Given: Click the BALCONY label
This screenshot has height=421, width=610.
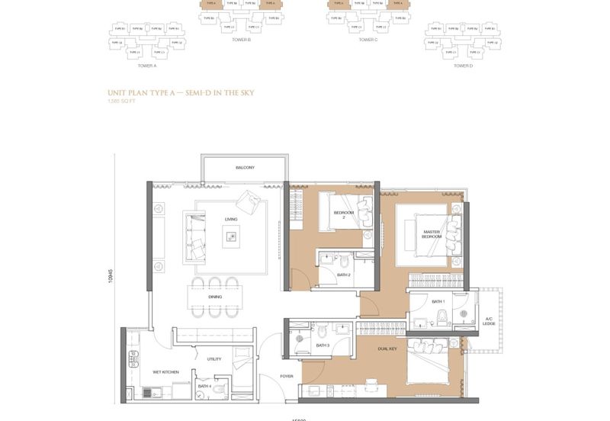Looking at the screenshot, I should click(x=245, y=167).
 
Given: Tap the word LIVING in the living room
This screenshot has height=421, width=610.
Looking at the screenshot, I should click(x=231, y=219).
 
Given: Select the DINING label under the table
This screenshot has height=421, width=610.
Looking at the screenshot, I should click(x=215, y=297).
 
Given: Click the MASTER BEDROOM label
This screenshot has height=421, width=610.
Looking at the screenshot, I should click(x=432, y=234).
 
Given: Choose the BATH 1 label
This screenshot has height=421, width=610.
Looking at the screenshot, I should click(x=438, y=301).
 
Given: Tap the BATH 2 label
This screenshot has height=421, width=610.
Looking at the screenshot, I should click(x=344, y=275).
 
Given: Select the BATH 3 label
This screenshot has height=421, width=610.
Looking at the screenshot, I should click(x=323, y=345).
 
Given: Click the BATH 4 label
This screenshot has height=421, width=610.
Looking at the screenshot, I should click(x=204, y=386).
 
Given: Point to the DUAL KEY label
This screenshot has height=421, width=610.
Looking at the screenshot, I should click(x=387, y=349).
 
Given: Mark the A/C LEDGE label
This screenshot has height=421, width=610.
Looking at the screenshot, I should click(x=489, y=322).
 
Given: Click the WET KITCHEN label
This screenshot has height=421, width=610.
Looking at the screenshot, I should click(x=165, y=371).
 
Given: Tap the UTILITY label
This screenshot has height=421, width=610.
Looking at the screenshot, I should click(x=214, y=358).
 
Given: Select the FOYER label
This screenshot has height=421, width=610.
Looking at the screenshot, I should click(x=287, y=376).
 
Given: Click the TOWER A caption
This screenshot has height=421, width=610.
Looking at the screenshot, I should click(x=145, y=66).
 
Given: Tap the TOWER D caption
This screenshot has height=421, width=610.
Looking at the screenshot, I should click(x=463, y=66).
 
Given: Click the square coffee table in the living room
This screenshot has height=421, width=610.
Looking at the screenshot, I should click(x=230, y=238).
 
